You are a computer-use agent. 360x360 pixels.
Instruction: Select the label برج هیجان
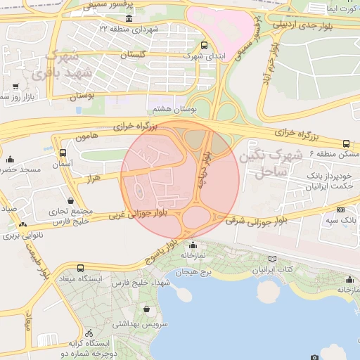click(x=195, y=271)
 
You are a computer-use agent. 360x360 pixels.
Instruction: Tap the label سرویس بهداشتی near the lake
click(x=145, y=324)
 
